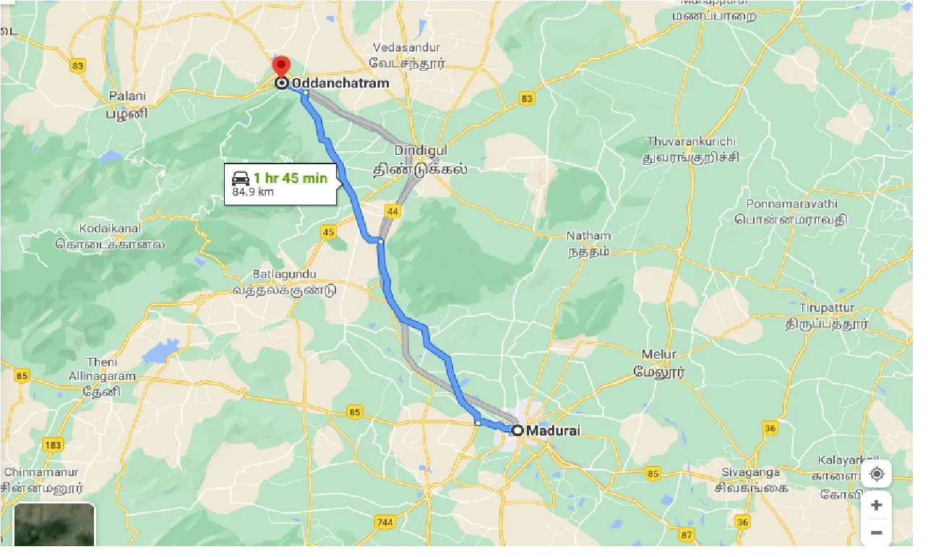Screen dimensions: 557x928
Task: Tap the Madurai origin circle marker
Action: point(517,430)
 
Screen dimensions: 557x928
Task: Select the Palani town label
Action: point(127,96)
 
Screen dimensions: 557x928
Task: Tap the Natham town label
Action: point(588,236)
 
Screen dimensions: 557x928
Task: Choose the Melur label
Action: point(659,354)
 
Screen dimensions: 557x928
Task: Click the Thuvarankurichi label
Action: point(691,141)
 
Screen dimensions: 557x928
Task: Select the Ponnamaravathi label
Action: point(791,203)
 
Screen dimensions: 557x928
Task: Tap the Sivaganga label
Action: point(750,472)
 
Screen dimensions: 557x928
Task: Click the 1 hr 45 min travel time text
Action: point(291,178)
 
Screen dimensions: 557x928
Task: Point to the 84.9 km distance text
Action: point(253,192)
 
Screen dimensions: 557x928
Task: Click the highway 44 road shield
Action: point(393,211)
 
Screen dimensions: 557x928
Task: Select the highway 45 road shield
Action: point(329,231)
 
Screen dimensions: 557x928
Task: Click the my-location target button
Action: point(877,474)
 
